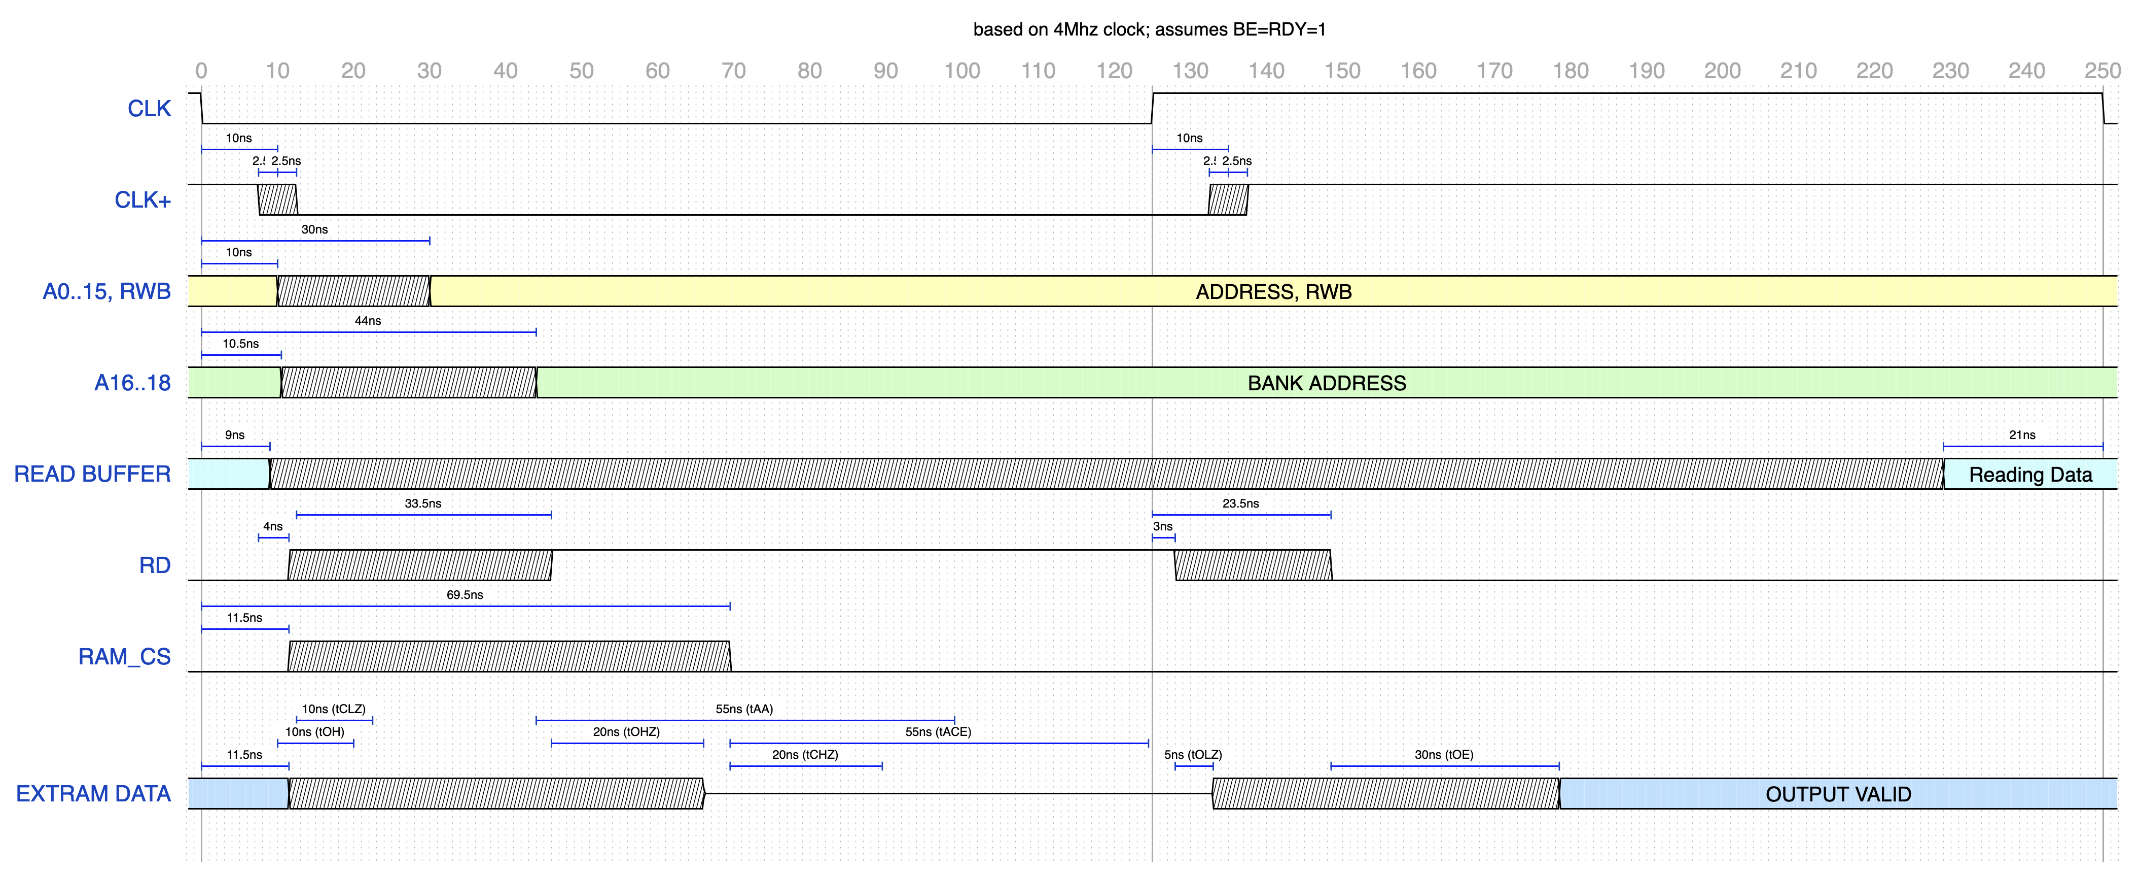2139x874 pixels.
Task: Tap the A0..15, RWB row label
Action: click(x=106, y=292)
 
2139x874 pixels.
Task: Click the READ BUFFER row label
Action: click(x=92, y=475)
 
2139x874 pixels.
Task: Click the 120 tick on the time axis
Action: click(x=1114, y=71)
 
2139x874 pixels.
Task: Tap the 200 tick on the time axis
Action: click(x=1722, y=71)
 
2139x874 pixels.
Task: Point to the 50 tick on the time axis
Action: click(x=581, y=71)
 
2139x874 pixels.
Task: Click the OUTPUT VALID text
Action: click(x=1838, y=794)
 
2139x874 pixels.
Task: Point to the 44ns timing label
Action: click(x=368, y=321)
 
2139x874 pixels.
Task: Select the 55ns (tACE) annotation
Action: click(x=938, y=732)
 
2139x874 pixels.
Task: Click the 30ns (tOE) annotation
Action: click(x=1443, y=754)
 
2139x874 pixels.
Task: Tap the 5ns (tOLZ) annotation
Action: click(x=1192, y=754)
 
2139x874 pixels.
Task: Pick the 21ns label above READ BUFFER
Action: click(x=2022, y=434)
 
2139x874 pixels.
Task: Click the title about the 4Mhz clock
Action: click(x=1149, y=30)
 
